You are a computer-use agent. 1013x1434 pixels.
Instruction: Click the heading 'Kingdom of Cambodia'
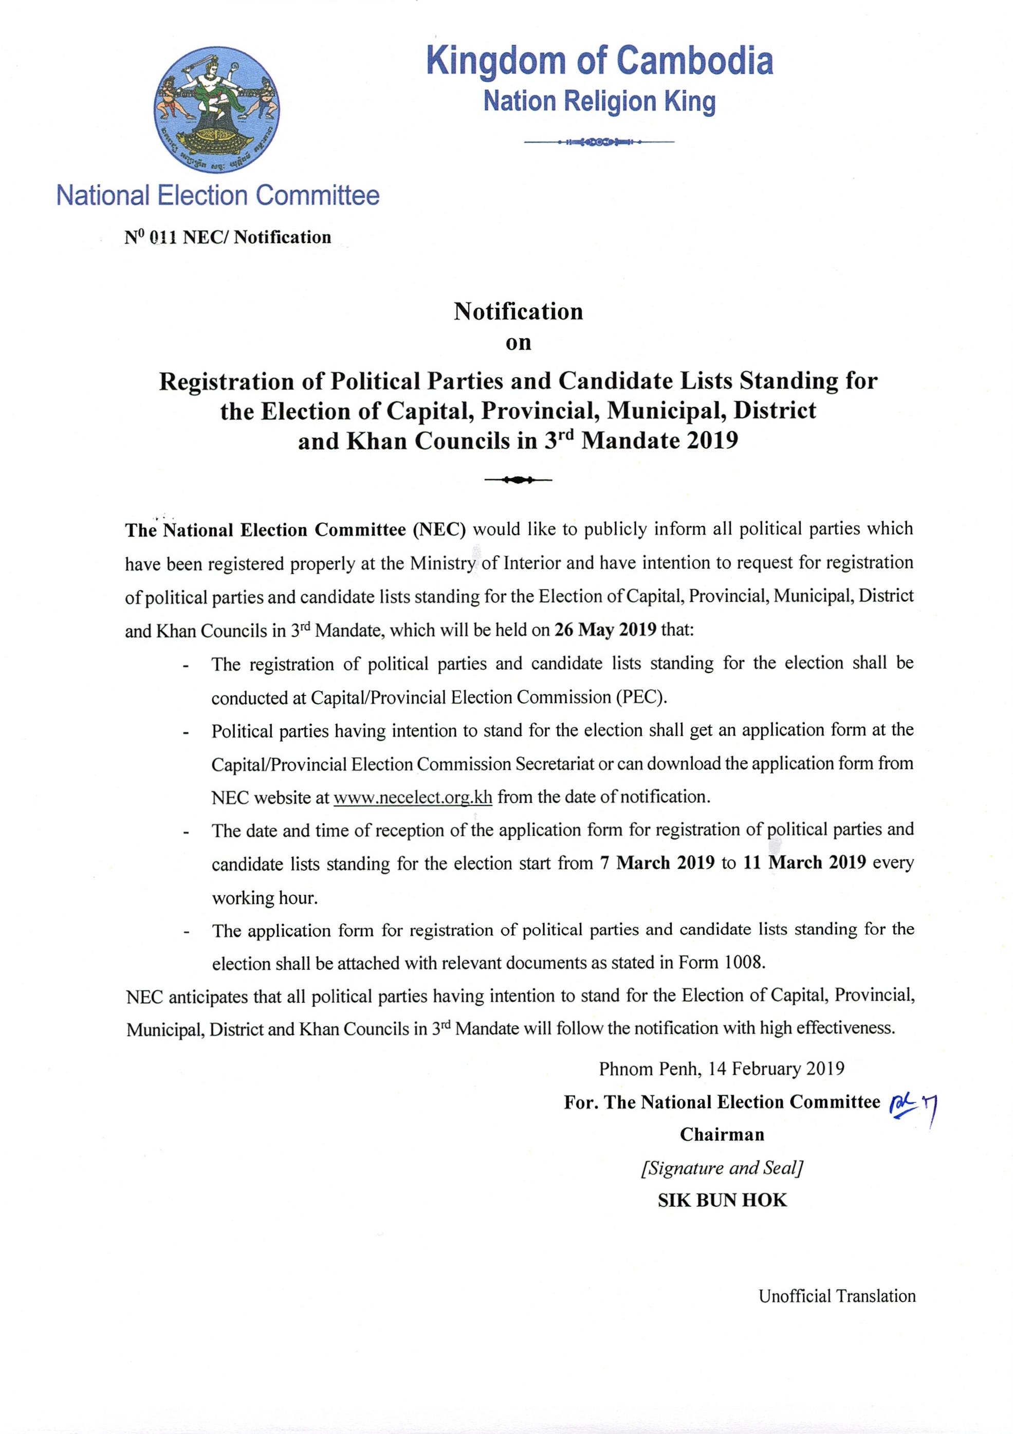(x=600, y=61)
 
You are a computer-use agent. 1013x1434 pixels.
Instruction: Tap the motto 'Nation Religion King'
(x=600, y=102)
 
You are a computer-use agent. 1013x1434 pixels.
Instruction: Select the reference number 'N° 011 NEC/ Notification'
(x=228, y=237)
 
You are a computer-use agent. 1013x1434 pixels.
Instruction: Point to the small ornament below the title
(x=518, y=480)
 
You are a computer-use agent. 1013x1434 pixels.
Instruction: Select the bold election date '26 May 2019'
(x=605, y=630)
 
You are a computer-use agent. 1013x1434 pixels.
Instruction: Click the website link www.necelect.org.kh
(x=413, y=798)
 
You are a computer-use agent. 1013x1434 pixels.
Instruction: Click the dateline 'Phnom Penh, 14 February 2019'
(x=722, y=1069)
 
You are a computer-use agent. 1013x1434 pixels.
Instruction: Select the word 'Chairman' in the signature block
(x=722, y=1134)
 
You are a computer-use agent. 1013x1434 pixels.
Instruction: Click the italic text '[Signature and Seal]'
(x=722, y=1168)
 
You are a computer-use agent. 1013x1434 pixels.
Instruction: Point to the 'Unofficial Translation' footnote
(x=837, y=1296)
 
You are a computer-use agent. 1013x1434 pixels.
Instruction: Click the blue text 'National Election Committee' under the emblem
(x=218, y=195)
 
